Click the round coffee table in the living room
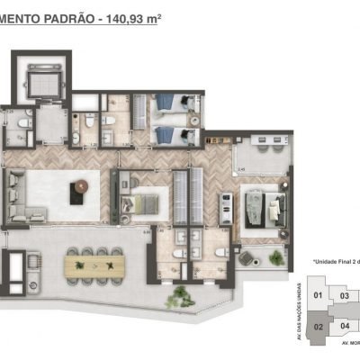click(82, 185)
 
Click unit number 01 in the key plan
click(317, 294)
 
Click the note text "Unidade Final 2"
click(335, 262)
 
